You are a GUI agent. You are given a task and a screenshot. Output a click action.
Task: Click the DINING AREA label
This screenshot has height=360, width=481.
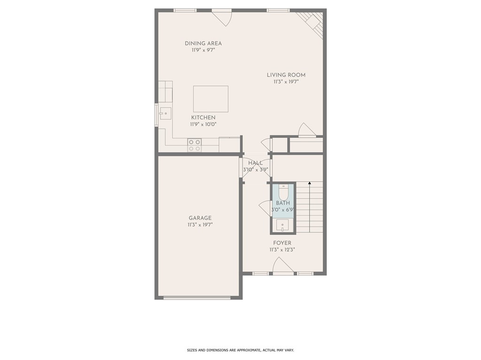pyautogui.click(x=203, y=44)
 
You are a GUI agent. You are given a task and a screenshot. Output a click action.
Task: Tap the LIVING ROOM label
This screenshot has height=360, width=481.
pyautogui.click(x=286, y=75)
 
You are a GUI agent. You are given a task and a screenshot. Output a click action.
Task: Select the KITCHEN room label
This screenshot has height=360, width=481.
pyautogui.click(x=203, y=117)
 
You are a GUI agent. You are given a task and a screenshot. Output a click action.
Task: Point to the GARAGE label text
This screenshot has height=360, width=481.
pyautogui.click(x=200, y=218)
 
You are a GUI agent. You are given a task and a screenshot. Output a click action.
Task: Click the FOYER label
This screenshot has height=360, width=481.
pyautogui.click(x=282, y=243)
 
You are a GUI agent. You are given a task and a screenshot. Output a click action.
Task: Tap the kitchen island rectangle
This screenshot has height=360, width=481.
pyautogui.click(x=211, y=99)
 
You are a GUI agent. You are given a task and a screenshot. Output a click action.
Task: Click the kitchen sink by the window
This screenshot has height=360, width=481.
pyautogui.click(x=165, y=114)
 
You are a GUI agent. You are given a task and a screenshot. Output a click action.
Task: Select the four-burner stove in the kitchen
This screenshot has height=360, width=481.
pyautogui.click(x=194, y=145)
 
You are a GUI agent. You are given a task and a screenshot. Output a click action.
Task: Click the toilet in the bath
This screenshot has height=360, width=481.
pyautogui.click(x=283, y=192)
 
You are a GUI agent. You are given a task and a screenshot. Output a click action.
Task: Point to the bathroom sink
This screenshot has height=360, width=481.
pyautogui.click(x=282, y=225)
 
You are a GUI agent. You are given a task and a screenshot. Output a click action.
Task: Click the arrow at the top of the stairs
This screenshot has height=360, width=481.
pyautogui.click(x=310, y=183)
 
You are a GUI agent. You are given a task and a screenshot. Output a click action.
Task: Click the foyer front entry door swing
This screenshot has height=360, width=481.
pyautogui.click(x=282, y=265)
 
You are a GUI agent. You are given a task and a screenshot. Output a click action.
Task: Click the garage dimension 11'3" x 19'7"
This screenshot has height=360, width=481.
pyautogui.click(x=200, y=225)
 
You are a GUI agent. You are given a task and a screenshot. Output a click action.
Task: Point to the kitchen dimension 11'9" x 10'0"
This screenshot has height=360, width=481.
pyautogui.click(x=203, y=124)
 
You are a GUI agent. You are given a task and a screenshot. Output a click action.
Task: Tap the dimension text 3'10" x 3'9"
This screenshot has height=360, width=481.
pyautogui.click(x=256, y=169)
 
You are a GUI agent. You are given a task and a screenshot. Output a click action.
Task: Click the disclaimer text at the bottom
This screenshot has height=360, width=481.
pyautogui.click(x=240, y=350)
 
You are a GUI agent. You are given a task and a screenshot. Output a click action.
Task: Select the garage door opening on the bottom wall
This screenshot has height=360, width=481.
pyautogui.click(x=197, y=298)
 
